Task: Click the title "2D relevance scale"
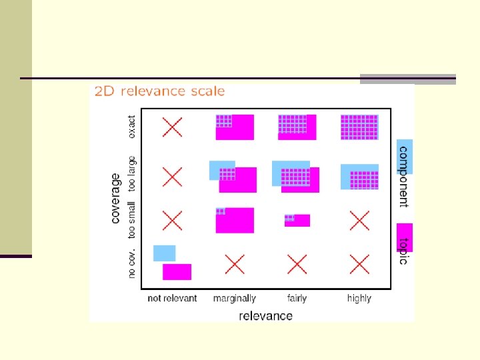[159, 91]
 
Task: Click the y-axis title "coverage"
[115, 198]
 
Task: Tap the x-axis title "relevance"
[265, 315]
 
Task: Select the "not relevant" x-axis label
[172, 299]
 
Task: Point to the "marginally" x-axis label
[234, 299]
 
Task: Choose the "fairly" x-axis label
[297, 299]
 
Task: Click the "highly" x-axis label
[359, 299]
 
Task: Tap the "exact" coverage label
[131, 127]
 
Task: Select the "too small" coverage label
[131, 219]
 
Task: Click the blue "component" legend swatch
[404, 157]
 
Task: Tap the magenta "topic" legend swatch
[404, 237]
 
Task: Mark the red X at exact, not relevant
[173, 127]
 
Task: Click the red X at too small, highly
[359, 219]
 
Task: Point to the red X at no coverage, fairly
[297, 265]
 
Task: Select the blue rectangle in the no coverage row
[164, 253]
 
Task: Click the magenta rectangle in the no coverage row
[177, 272]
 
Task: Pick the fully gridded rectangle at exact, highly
[359, 127]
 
